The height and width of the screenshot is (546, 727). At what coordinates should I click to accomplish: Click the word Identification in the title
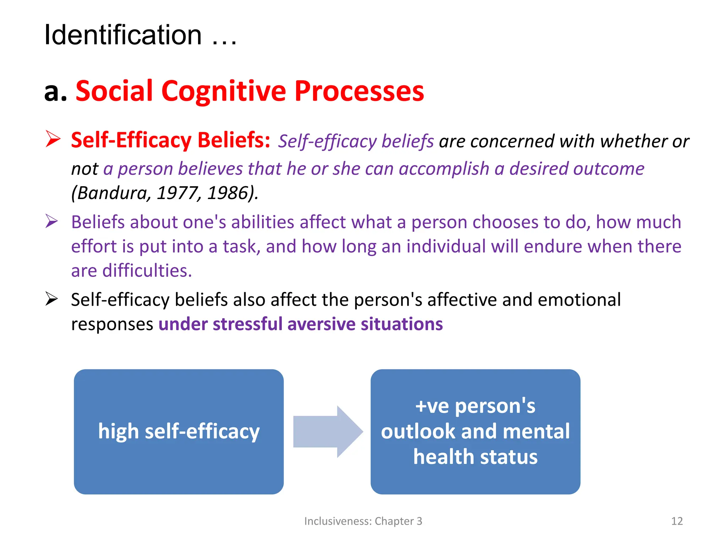coord(123,35)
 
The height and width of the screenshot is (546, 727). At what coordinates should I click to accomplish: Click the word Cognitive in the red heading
coord(223,91)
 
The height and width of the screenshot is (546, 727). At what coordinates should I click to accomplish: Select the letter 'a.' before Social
coord(55,91)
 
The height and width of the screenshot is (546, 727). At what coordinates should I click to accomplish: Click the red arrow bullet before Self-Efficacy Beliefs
coord(53,139)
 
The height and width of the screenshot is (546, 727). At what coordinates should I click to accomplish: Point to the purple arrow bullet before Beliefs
coord(52,221)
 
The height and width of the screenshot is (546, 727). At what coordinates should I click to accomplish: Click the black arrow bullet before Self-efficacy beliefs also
coord(52,299)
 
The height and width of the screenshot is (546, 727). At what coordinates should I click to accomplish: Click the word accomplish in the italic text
coord(444,168)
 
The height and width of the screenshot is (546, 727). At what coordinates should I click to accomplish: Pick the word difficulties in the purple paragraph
coord(147,271)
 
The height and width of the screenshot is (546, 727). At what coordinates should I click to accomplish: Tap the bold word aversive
coord(321,324)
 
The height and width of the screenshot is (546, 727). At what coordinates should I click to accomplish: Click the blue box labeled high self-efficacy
coord(179,432)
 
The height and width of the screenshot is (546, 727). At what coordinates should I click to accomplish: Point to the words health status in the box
coord(475,457)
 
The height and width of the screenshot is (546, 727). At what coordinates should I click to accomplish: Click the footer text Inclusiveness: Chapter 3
coord(363,521)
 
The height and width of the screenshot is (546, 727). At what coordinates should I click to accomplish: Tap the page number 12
coord(677,521)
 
